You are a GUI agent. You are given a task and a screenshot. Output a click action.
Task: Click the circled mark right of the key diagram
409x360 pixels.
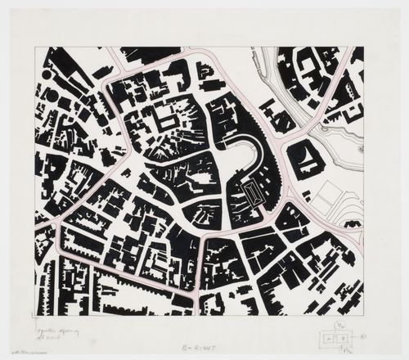(x=363, y=336)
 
